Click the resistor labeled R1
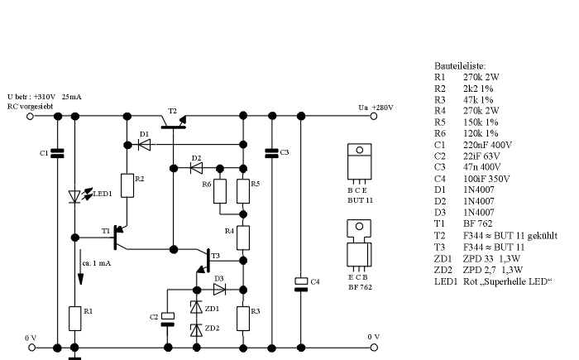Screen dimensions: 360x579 tap(74, 317)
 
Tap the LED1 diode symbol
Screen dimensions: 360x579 tap(75, 196)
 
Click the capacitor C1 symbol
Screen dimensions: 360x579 tap(56, 153)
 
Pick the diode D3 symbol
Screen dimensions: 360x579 tap(219, 290)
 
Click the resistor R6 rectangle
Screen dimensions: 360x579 tap(220, 192)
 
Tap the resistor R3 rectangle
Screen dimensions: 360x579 tap(243, 317)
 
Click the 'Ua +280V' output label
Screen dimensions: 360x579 tap(376, 108)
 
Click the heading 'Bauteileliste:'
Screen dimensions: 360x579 tap(460, 64)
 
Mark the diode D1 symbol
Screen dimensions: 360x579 tap(146, 144)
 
